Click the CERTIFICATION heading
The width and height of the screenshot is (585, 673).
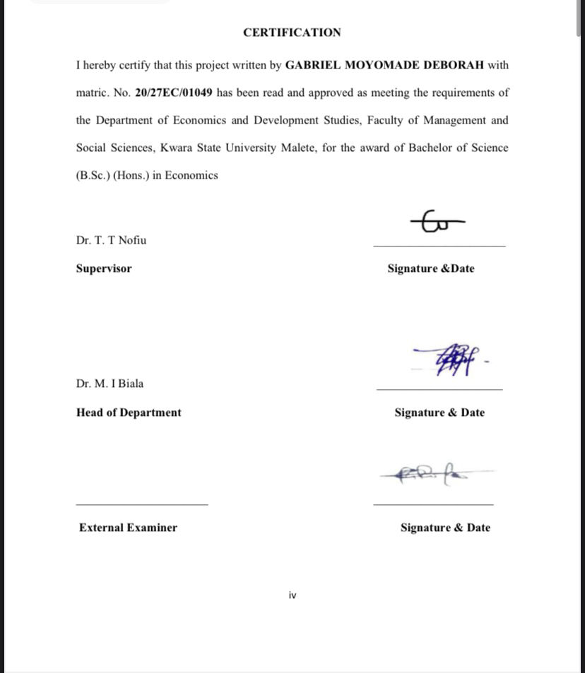(x=292, y=32)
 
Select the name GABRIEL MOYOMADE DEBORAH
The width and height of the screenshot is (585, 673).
(x=384, y=65)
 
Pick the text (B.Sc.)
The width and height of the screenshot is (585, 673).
(x=93, y=175)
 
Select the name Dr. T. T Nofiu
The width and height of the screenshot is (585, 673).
(x=112, y=240)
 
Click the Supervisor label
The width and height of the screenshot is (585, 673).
(x=104, y=268)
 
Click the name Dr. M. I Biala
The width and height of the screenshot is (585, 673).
(x=110, y=383)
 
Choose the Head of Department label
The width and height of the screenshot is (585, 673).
(x=129, y=412)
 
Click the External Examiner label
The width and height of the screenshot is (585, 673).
(x=128, y=528)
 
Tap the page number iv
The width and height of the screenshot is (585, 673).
(x=292, y=595)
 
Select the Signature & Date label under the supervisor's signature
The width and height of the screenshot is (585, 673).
(x=431, y=268)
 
